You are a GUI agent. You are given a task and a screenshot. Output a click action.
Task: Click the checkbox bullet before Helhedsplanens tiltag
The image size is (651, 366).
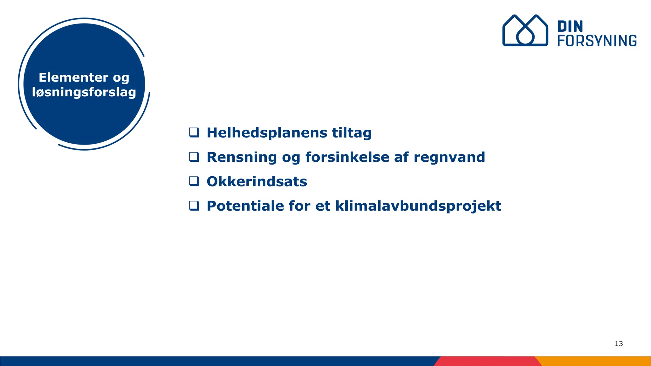194,132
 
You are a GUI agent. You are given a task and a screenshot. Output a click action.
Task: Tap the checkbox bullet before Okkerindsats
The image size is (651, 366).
194,181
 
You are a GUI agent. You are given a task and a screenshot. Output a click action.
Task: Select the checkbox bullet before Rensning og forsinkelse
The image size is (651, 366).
194,157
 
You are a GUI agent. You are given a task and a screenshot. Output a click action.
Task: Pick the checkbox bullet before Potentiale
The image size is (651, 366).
194,206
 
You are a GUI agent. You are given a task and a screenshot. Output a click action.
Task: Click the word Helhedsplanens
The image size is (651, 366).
267,133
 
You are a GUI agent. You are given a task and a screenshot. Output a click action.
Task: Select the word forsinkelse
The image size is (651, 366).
347,157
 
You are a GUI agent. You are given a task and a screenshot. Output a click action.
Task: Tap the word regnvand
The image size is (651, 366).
449,157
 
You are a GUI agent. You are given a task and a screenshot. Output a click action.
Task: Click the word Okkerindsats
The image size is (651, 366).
257,181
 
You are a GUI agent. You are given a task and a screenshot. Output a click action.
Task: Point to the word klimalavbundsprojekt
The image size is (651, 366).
418,206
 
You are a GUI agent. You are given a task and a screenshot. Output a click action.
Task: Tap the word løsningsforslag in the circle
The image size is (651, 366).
84,92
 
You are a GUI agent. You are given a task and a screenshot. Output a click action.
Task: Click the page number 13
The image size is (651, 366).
619,343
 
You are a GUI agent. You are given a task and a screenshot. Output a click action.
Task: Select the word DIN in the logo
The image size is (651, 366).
570,27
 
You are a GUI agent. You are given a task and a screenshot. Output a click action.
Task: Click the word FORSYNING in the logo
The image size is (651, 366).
597,41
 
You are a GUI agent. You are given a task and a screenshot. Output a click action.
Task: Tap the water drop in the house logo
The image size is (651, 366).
525,36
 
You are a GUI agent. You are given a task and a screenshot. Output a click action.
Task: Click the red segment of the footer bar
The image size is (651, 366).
486,361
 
